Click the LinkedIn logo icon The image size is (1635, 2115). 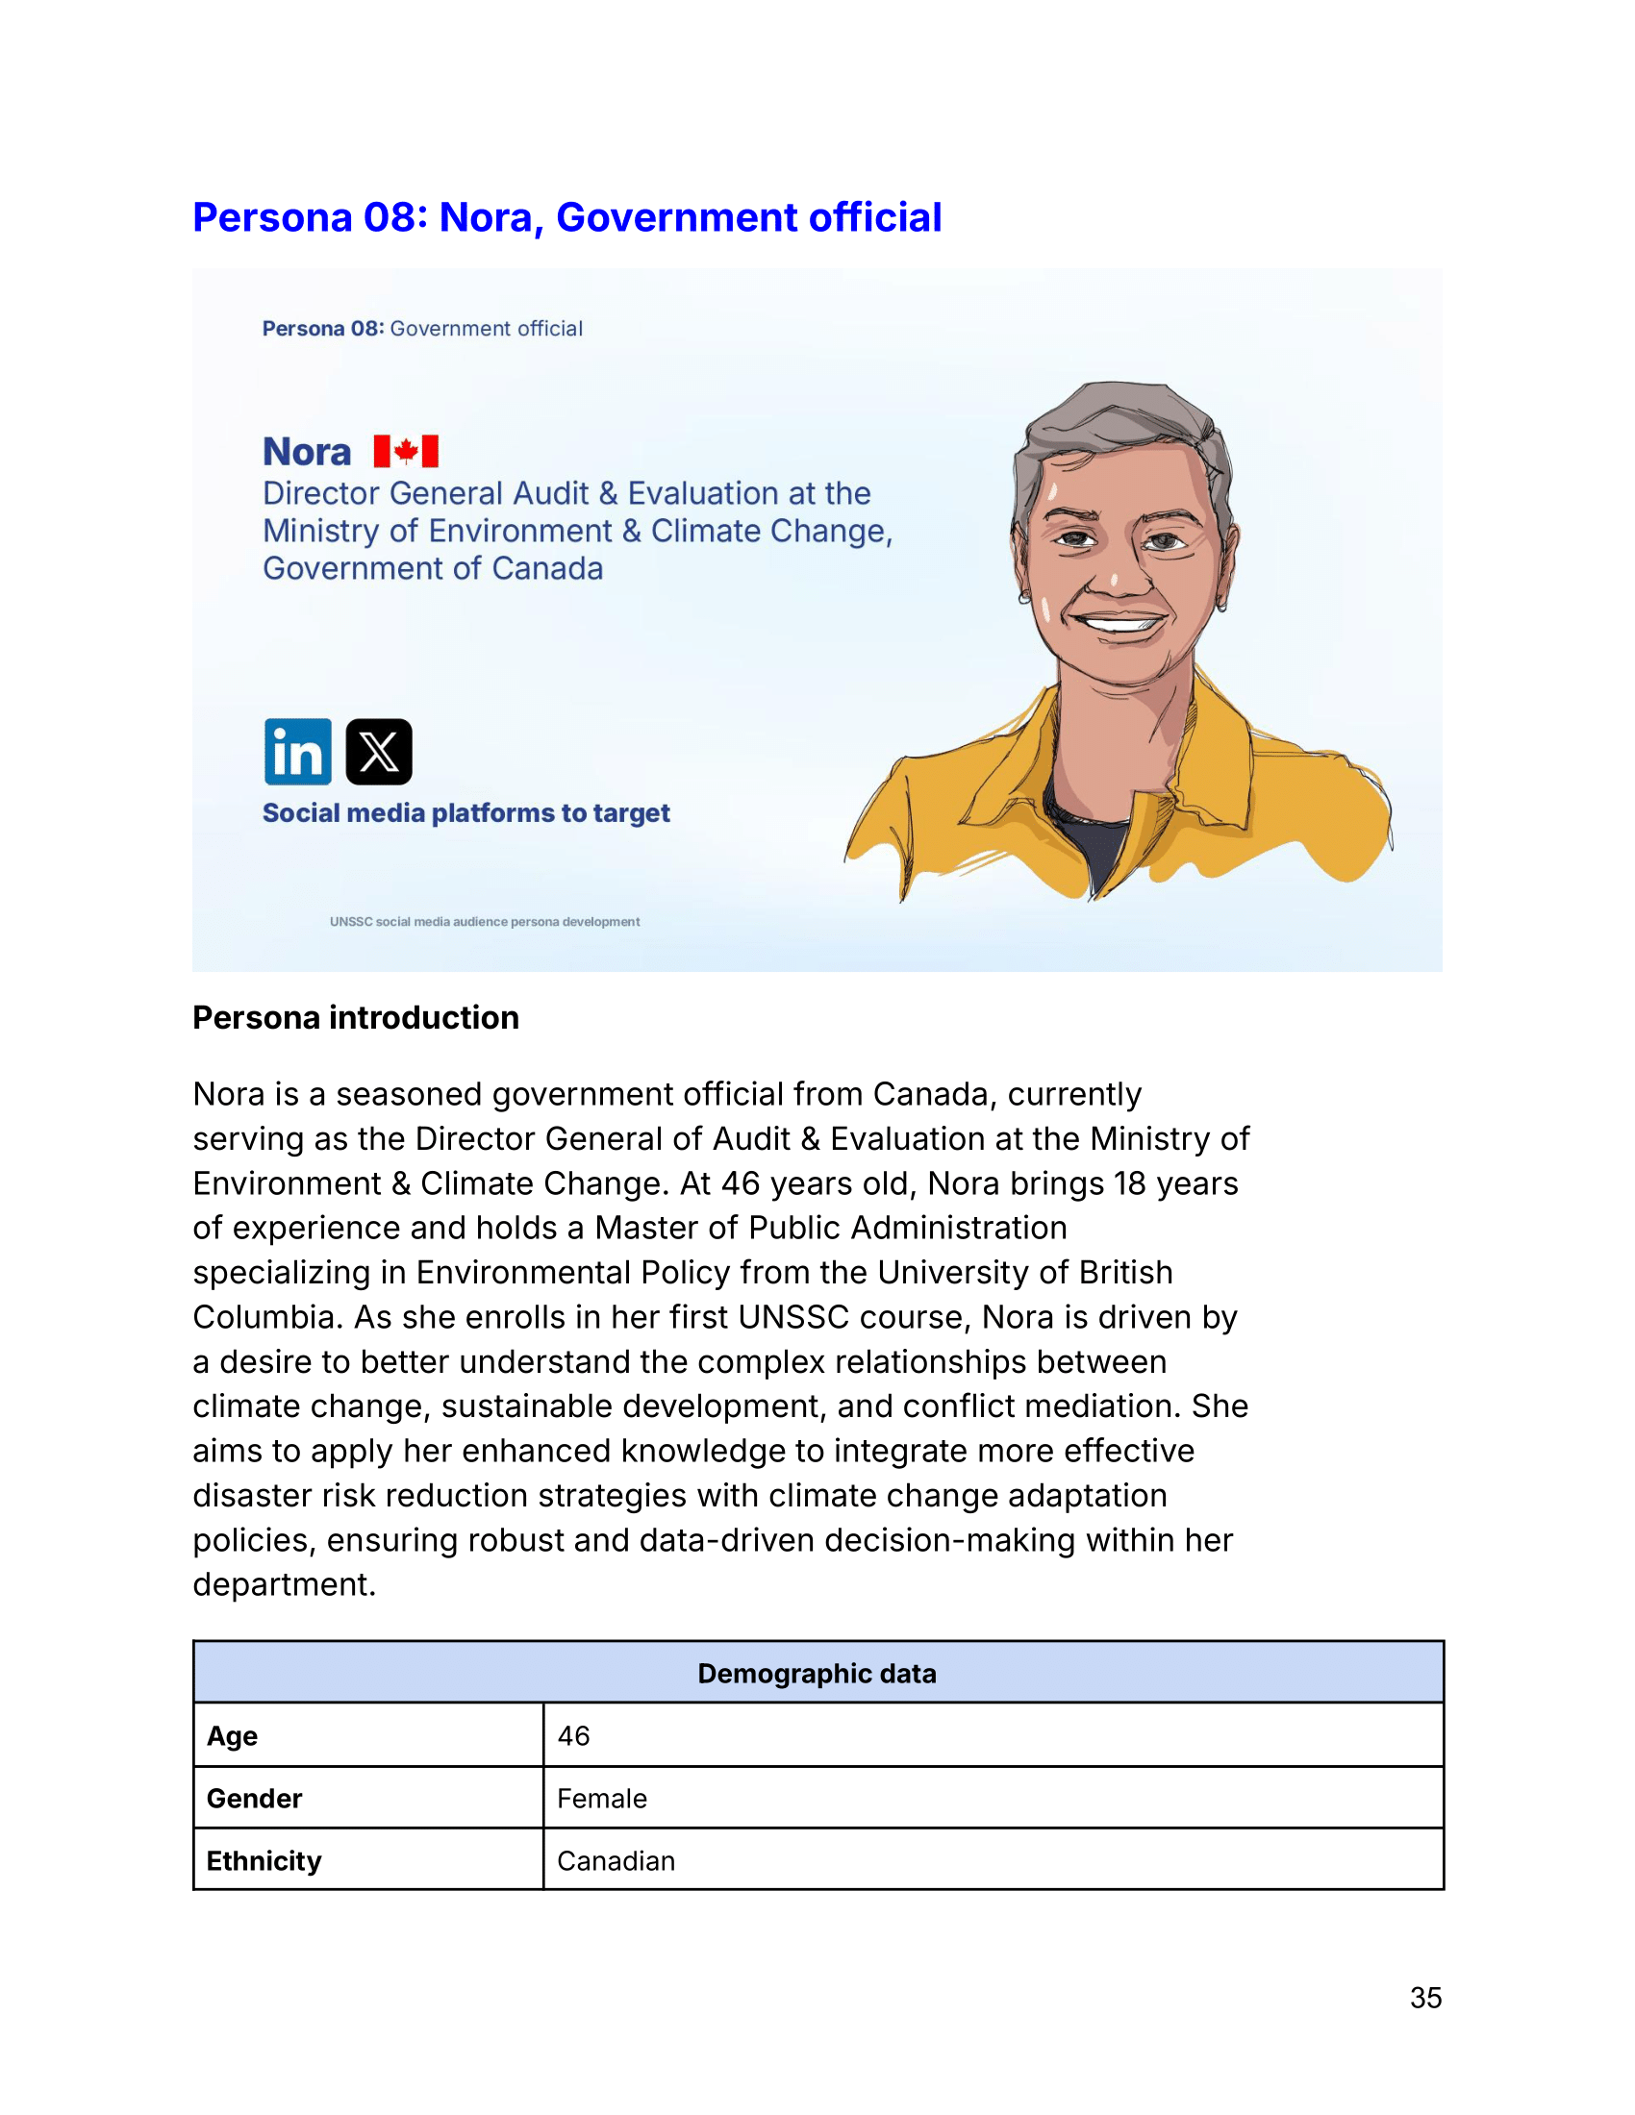tap(297, 752)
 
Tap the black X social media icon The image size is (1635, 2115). tap(379, 752)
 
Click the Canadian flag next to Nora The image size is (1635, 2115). tap(406, 451)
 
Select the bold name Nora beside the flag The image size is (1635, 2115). tap(306, 452)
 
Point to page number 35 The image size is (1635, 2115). tap(1424, 1998)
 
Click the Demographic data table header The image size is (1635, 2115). tap(817, 1674)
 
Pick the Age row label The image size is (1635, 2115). tap(233, 1735)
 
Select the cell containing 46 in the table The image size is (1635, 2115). tap(573, 1735)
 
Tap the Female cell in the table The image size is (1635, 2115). tap(601, 1799)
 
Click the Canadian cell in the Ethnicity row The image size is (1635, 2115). tap(616, 1860)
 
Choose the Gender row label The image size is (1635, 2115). tap(254, 1799)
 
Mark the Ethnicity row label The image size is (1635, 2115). tap(264, 1860)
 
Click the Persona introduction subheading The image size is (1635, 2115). tap(356, 1018)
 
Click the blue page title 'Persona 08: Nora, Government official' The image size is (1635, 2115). tap(566, 217)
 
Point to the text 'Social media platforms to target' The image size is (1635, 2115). tap(465, 812)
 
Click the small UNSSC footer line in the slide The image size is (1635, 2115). tap(485, 922)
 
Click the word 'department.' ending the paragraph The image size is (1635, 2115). tap(284, 1584)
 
